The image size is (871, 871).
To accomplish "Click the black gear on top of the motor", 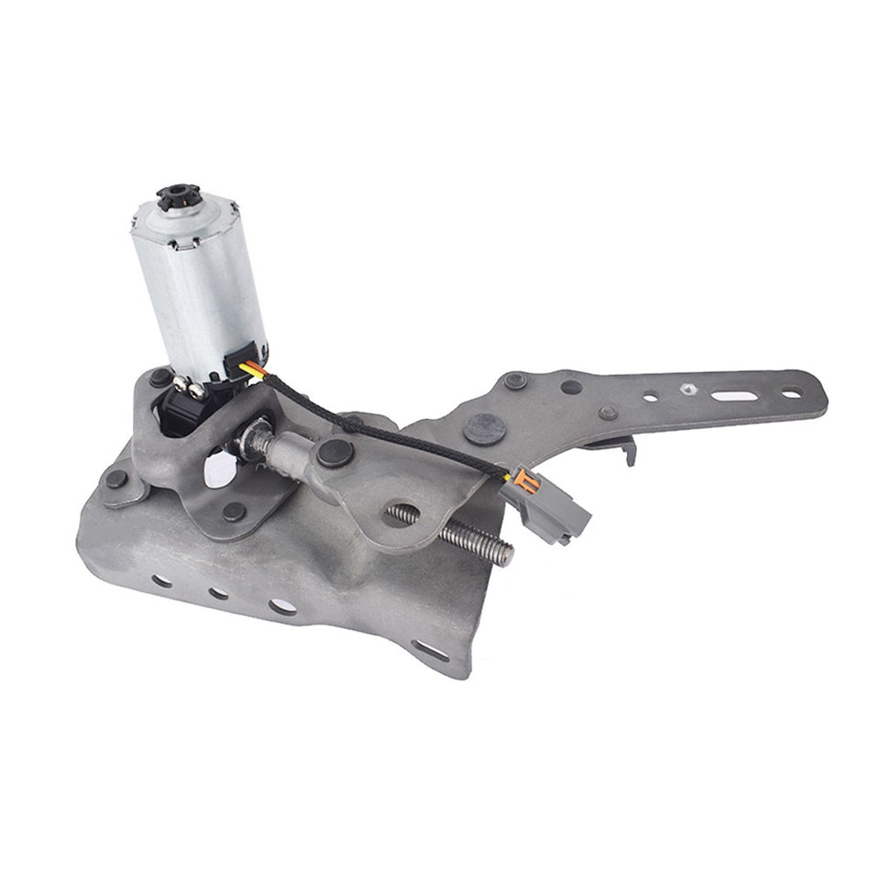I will coord(174,196).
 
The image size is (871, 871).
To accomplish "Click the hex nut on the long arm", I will coord(688,389).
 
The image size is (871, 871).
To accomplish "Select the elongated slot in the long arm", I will coord(733,396).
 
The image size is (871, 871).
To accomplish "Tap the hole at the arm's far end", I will coord(790,393).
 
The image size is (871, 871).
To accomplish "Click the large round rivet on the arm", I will coord(485,428).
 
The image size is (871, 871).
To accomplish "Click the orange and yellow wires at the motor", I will coord(251,369).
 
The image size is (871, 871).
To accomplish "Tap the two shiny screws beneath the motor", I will coord(189,390).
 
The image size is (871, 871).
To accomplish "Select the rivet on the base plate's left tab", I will coord(116,479).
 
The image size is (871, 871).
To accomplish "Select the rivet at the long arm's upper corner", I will coord(515,380).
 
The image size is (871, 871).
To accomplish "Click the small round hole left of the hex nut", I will coord(650,398).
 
